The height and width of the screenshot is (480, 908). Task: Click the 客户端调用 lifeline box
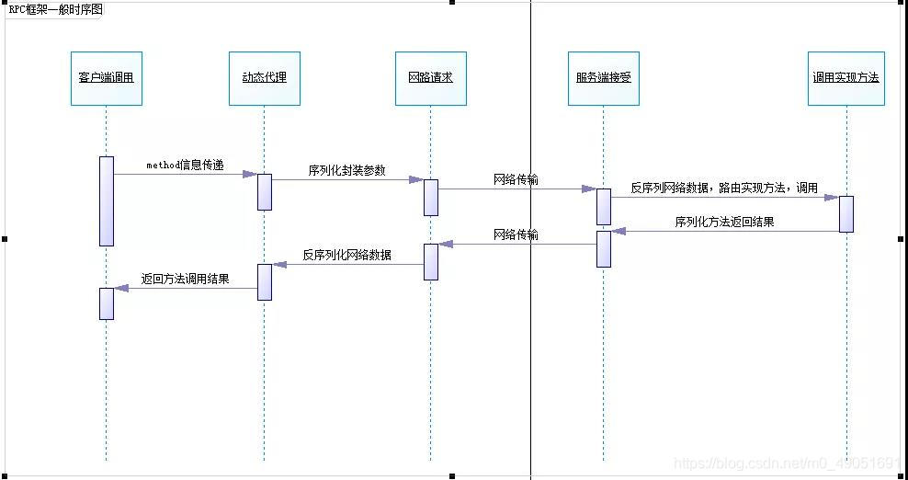108,78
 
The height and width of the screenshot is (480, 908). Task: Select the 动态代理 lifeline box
265,78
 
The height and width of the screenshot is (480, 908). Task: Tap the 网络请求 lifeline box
430,78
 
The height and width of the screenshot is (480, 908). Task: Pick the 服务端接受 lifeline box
604,78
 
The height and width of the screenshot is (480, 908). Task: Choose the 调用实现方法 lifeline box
846,78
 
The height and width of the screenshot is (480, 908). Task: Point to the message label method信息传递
185,165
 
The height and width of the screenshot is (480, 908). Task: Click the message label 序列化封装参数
346,170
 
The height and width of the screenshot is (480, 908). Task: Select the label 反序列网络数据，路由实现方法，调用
724,188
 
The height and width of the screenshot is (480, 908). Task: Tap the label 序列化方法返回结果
724,222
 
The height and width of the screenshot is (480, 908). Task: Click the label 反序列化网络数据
346,255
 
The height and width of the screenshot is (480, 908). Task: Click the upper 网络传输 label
516,180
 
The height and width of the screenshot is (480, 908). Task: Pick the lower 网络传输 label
516,234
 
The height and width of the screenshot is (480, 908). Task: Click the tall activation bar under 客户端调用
107,200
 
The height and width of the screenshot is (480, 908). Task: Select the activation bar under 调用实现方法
846,213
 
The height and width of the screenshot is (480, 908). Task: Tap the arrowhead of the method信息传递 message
249,174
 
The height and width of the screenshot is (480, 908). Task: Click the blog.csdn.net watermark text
789,464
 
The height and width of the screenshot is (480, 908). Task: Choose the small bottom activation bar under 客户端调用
107,303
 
